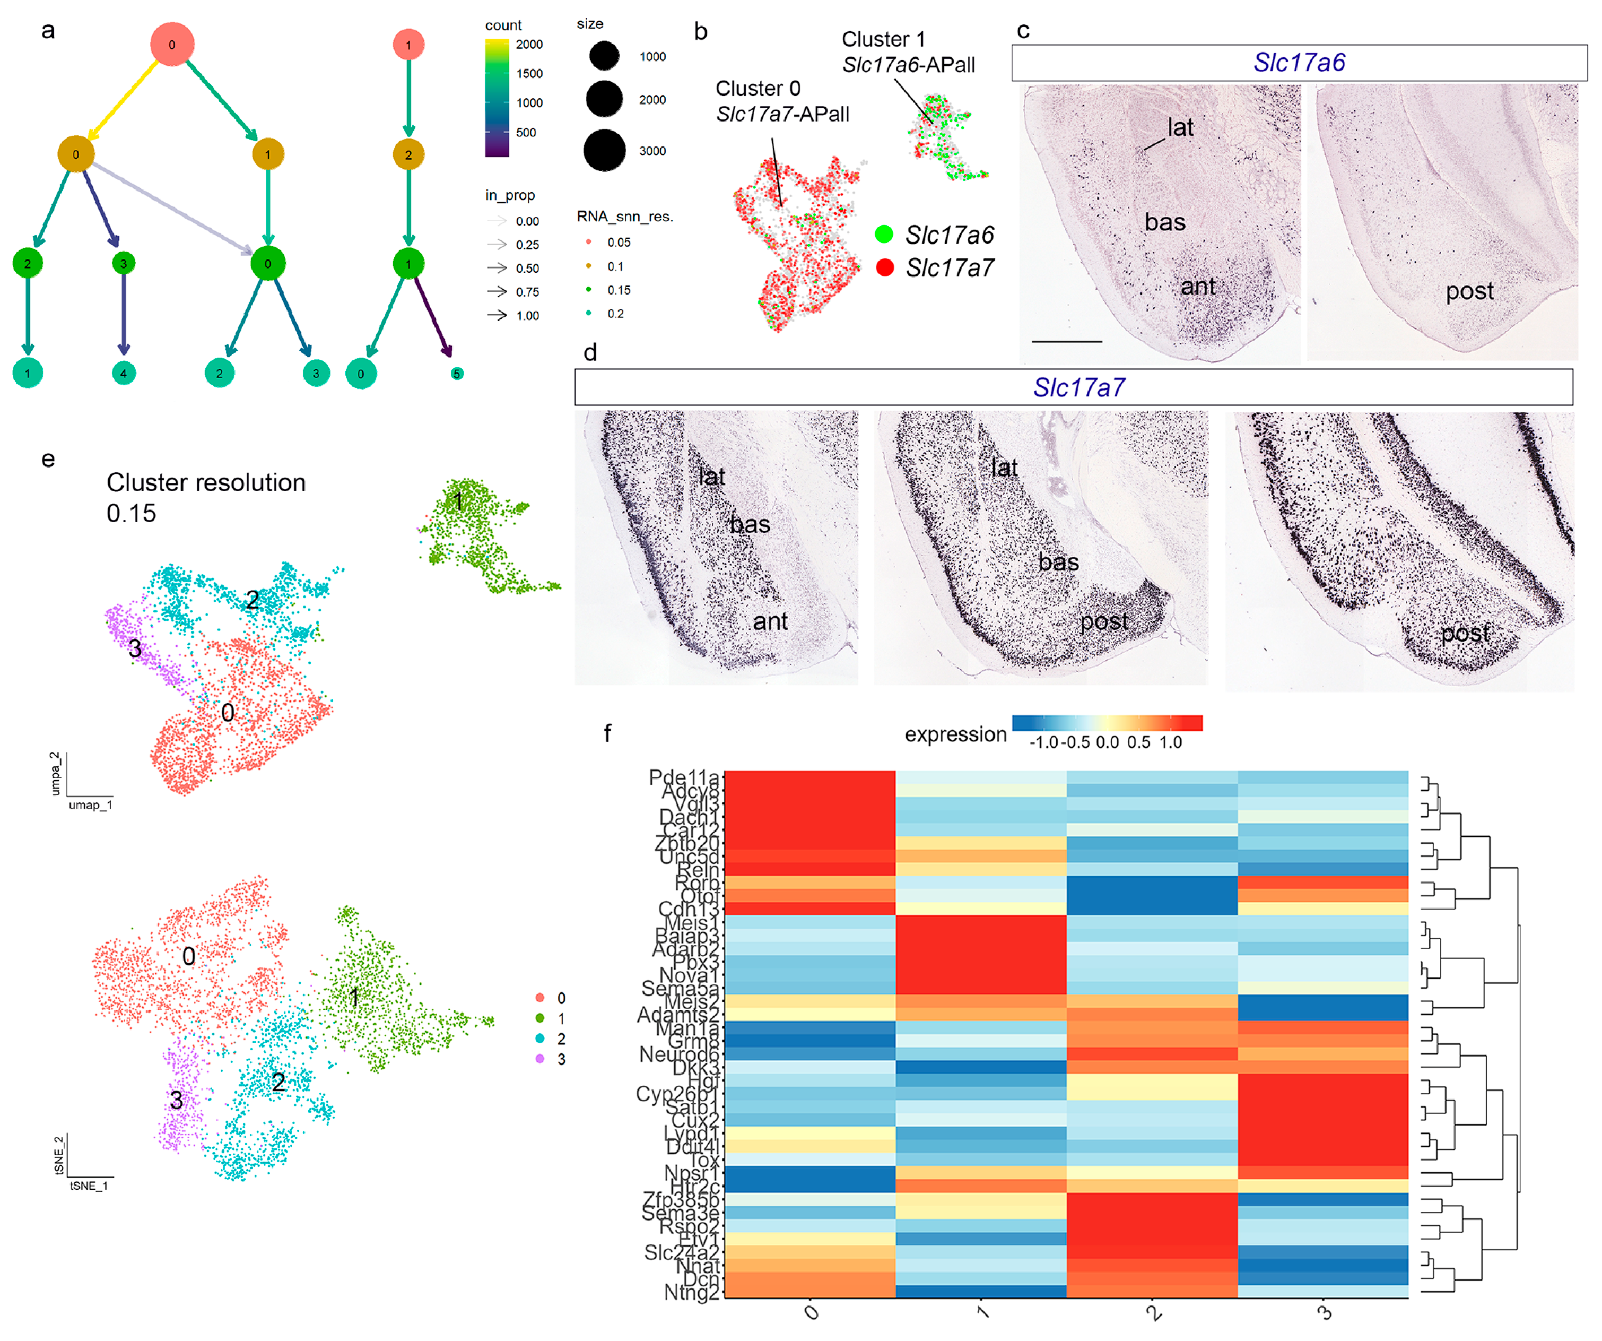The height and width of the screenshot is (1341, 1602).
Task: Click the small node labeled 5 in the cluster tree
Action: [x=456, y=373]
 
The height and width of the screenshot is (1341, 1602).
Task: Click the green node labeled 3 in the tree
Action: [x=124, y=263]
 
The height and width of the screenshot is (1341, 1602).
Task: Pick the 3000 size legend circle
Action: [x=604, y=150]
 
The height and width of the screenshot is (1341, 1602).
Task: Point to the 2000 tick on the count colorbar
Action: [x=529, y=44]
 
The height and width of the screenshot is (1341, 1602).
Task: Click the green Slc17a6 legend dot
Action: [x=884, y=235]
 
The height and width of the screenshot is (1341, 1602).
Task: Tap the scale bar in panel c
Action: [x=1066, y=341]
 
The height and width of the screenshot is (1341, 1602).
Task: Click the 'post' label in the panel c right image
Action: [x=1469, y=291]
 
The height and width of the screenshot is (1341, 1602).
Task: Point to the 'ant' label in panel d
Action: [x=770, y=621]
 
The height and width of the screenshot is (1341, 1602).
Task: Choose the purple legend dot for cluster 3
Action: [x=540, y=1059]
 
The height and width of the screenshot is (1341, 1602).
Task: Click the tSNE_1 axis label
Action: [x=89, y=1186]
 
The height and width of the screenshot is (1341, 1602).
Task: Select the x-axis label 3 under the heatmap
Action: [x=1325, y=1313]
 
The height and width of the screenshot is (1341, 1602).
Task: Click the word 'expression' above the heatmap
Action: [x=955, y=734]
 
